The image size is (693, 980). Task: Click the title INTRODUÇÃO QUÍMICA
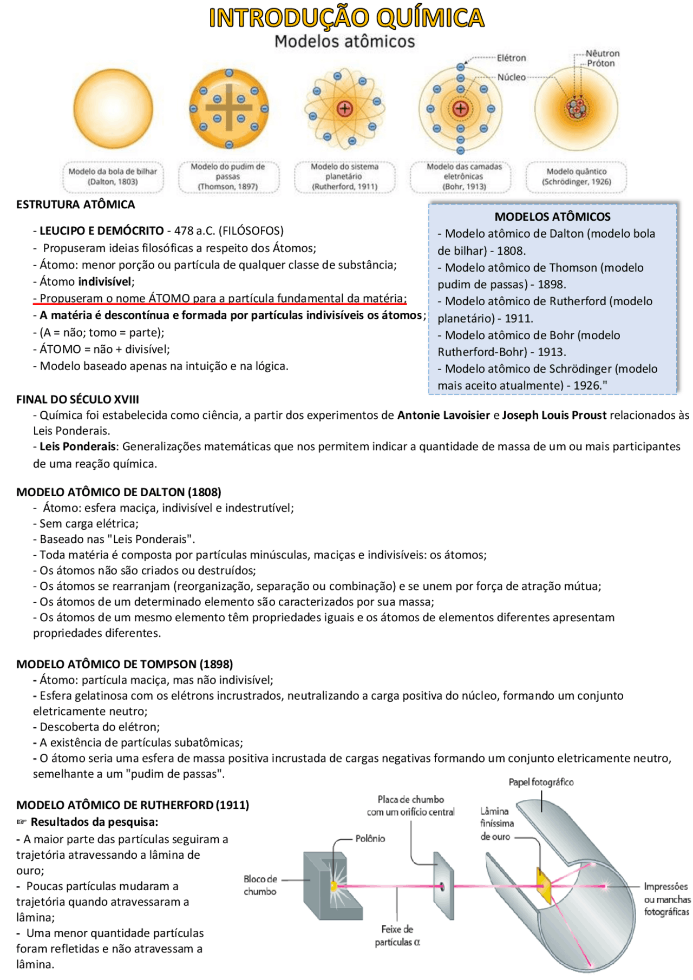click(346, 17)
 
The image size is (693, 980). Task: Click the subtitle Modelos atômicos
click(344, 42)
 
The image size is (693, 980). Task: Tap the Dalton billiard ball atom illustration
click(113, 108)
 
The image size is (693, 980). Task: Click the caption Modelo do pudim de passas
click(228, 176)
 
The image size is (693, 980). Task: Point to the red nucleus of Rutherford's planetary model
click(345, 109)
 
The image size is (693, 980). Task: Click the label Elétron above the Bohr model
click(511, 58)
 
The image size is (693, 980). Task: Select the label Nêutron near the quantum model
click(602, 53)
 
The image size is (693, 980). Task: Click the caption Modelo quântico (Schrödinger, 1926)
click(576, 176)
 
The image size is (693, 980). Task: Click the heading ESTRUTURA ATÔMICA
click(75, 205)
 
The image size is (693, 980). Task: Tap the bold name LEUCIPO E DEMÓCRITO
click(102, 231)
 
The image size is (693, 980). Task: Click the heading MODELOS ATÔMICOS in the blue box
click(552, 216)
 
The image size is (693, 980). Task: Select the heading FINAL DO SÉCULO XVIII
click(77, 399)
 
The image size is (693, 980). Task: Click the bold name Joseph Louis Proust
click(554, 415)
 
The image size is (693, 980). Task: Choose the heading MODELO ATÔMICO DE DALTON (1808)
click(119, 492)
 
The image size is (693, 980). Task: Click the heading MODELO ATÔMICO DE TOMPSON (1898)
click(125, 664)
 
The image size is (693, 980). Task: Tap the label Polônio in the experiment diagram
click(370, 838)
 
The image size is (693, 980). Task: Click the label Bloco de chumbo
click(260, 885)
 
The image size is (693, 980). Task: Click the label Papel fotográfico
click(541, 782)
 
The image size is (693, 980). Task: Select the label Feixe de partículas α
click(397, 935)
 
